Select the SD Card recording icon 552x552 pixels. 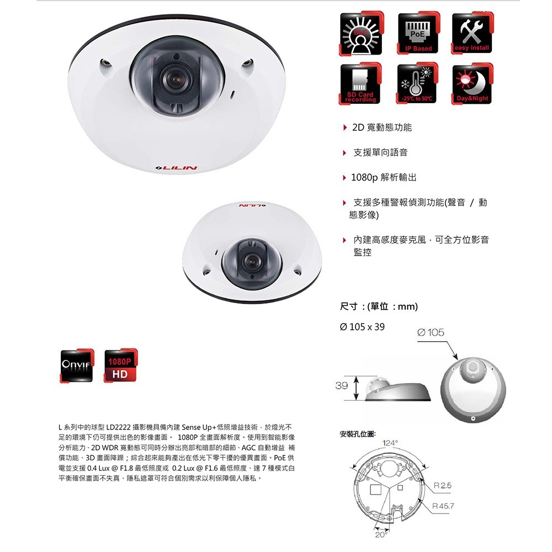[360, 83]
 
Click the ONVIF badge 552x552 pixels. [78, 366]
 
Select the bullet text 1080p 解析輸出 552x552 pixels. [384, 178]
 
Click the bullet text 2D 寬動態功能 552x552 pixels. [381, 128]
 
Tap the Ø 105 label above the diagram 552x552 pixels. [431, 332]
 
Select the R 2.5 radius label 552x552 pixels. [443, 485]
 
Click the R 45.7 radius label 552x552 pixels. [445, 506]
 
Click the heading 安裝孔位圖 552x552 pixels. [359, 434]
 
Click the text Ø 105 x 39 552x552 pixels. [363, 327]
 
